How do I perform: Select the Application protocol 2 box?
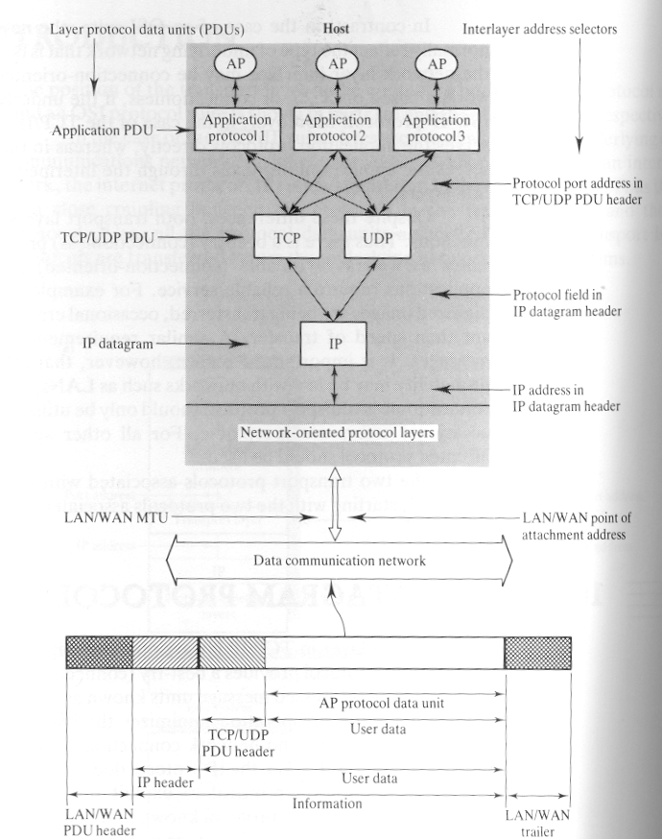pos(337,129)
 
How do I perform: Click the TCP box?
pos(285,234)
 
